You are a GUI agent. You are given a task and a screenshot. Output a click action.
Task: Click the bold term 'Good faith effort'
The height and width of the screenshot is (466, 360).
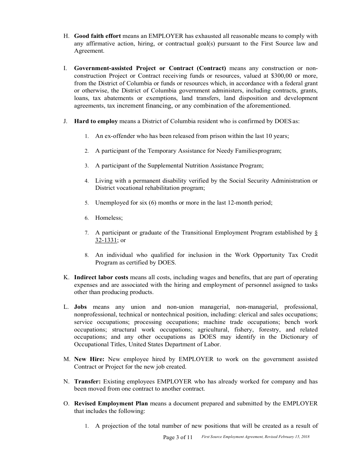pos(97,36)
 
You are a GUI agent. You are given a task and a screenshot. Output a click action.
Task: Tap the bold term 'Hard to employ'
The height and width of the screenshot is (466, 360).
pos(96,121)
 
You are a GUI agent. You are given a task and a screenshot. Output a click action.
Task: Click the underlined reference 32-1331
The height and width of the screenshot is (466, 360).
pos(106,240)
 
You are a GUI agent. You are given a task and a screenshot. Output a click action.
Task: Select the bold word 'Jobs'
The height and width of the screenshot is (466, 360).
pos(80,307)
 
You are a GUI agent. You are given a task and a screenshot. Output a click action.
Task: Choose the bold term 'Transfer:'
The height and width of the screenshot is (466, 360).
pos(87,382)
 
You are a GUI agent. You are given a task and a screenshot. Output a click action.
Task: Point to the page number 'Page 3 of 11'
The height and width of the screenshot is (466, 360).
pos(178,437)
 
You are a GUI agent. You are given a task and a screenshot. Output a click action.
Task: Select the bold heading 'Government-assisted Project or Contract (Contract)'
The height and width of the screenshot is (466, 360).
pos(150,68)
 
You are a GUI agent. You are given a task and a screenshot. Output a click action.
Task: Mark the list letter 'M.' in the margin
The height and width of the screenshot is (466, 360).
pos(66,359)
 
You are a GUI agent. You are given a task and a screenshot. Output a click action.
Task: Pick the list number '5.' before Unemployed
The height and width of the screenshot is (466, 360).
pos(87,203)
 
